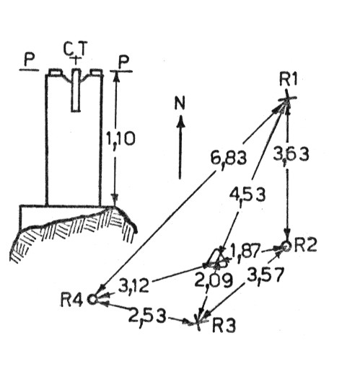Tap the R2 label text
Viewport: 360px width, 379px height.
click(x=305, y=245)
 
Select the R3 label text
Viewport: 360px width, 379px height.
click(x=224, y=326)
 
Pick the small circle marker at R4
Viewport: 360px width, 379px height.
click(x=92, y=300)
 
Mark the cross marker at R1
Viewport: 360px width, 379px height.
click(x=287, y=99)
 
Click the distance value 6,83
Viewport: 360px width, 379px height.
click(x=229, y=159)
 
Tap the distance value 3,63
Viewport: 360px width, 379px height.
click(x=291, y=155)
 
